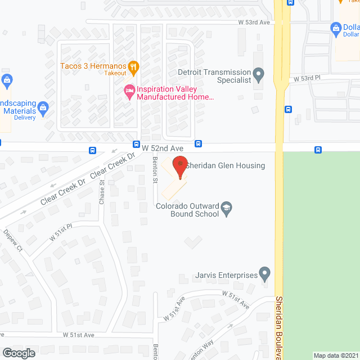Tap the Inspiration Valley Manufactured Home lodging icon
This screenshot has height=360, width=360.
point(129,90)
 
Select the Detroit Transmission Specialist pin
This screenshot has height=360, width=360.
point(259,73)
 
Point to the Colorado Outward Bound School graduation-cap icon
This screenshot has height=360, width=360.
point(226,207)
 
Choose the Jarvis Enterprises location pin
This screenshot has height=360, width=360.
point(265,275)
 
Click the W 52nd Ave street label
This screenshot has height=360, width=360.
point(163,148)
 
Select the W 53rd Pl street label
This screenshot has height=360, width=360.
point(307,80)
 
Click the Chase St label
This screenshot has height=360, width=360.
point(102,191)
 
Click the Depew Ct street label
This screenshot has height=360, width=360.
point(12,241)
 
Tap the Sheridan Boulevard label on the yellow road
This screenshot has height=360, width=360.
point(280,326)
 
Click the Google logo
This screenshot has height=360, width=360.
point(18,353)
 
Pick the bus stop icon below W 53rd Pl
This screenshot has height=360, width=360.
point(289,109)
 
